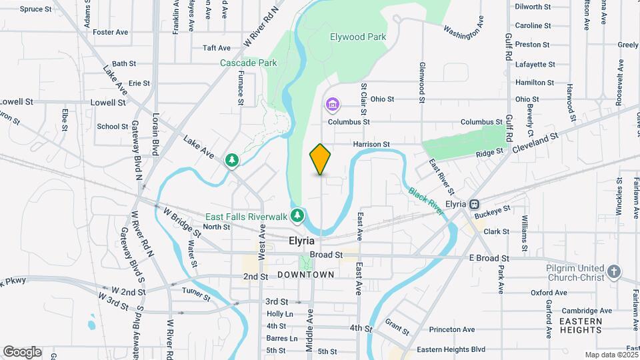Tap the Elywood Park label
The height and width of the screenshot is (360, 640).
coord(358,37)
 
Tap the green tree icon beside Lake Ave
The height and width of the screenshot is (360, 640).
coord(231,161)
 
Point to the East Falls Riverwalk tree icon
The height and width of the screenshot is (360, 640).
coord(297,215)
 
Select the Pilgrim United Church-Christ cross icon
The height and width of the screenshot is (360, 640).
coord(613,271)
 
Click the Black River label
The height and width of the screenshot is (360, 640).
coord(426,200)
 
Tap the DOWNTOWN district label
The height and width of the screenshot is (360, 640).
coord(305,275)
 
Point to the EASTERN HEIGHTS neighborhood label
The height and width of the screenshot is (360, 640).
coord(580,325)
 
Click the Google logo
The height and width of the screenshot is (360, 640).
coord(22,352)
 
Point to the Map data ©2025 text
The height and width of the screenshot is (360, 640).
coord(611,355)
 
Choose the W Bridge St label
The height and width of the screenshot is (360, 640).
coord(182,221)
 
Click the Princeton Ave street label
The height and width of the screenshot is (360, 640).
coord(452,329)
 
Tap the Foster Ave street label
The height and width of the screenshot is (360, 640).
coord(111,32)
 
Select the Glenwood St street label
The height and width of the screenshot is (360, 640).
coord(422,83)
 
